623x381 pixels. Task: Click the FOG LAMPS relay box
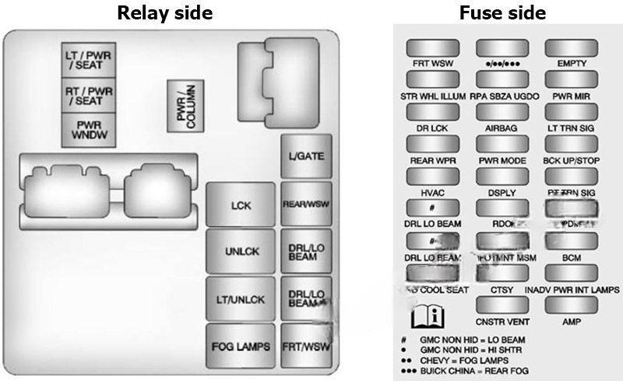pyautogui.click(x=241, y=346)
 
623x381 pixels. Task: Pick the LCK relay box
pyautogui.click(x=241, y=205)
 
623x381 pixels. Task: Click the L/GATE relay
pyautogui.click(x=306, y=156)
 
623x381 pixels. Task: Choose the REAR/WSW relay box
pyautogui.click(x=306, y=204)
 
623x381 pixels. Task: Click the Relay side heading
pyautogui.click(x=164, y=13)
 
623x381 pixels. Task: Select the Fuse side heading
pyautogui.click(x=502, y=13)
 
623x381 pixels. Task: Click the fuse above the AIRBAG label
pyautogui.click(x=502, y=111)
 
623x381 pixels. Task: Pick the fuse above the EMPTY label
pyautogui.click(x=571, y=47)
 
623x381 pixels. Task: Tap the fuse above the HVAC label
pyautogui.click(x=433, y=176)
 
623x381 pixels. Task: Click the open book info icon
pyautogui.click(x=427, y=316)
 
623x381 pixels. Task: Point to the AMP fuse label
pyautogui.click(x=572, y=321)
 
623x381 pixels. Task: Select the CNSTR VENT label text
pyautogui.click(x=502, y=321)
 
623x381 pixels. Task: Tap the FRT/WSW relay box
pyautogui.click(x=306, y=345)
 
